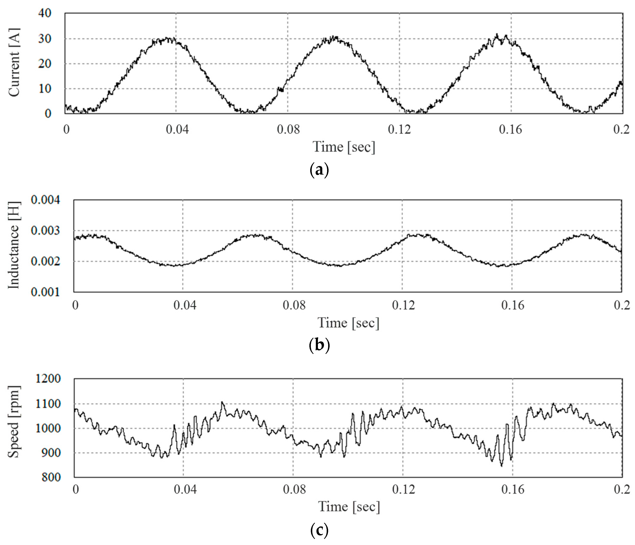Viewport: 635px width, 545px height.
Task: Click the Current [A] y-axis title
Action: [x=14, y=63]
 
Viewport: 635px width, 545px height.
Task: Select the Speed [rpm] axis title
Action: [x=14, y=422]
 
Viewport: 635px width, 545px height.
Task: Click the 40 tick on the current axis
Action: [x=45, y=14]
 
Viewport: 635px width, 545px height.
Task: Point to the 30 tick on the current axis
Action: [x=45, y=39]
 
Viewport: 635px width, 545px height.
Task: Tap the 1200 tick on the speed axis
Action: [x=48, y=379]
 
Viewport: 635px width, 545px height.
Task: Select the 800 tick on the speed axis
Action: [x=51, y=477]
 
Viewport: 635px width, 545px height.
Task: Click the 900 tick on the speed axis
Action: [x=51, y=453]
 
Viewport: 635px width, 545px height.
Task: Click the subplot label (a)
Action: [x=319, y=169]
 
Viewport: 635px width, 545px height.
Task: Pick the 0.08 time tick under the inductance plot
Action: [x=294, y=305]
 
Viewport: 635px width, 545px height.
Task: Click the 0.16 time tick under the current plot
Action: [x=510, y=130]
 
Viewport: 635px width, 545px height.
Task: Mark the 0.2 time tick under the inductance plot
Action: [x=622, y=305]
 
